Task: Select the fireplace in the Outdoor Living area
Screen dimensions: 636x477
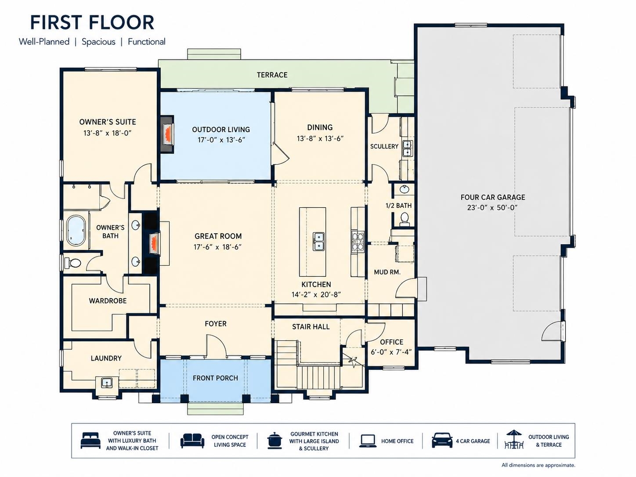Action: pyautogui.click(x=167, y=134)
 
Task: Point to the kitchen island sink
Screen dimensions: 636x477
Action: pyautogui.click(x=318, y=241)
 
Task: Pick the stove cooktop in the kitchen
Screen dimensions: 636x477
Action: pyautogui.click(x=357, y=240)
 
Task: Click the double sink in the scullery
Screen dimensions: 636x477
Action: pyautogui.click(x=407, y=148)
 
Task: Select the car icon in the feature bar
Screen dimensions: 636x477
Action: pyautogui.click(x=442, y=441)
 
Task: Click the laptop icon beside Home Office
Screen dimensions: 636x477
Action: pyautogui.click(x=368, y=441)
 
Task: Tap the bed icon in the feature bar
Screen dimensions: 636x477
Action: pyautogui.click(x=90, y=441)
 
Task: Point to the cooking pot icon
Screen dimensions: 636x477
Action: pyautogui.click(x=275, y=441)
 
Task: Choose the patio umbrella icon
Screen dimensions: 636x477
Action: pyautogui.click(x=514, y=439)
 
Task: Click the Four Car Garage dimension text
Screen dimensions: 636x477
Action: pyautogui.click(x=492, y=208)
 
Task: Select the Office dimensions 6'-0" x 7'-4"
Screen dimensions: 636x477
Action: pyautogui.click(x=391, y=352)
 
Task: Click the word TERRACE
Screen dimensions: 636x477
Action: pyautogui.click(x=272, y=75)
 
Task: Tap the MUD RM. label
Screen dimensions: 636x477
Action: pyautogui.click(x=387, y=272)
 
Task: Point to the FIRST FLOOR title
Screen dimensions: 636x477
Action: pyautogui.click(x=92, y=22)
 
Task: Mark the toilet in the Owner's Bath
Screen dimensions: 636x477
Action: pyautogui.click(x=74, y=263)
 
